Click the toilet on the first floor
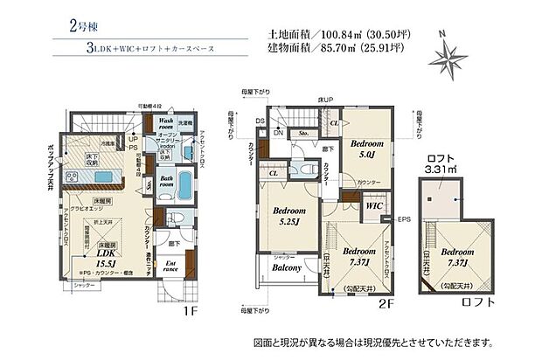[172, 218]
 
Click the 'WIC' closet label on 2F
[372, 206]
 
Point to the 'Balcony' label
[287, 267]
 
